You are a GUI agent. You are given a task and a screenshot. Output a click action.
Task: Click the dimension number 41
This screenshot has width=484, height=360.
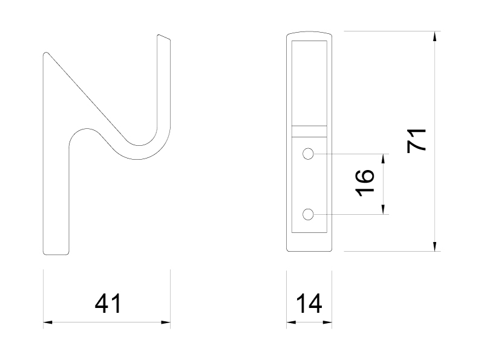(108, 304)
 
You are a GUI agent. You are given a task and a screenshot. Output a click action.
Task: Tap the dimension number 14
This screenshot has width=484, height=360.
(309, 304)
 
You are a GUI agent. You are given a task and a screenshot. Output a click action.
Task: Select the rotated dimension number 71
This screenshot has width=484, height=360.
(416, 141)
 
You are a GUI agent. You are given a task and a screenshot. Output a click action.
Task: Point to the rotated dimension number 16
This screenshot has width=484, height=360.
(365, 183)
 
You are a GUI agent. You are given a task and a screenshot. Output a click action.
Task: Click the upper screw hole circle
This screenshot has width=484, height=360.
(308, 154)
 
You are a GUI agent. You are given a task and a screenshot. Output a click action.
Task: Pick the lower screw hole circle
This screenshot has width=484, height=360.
(308, 214)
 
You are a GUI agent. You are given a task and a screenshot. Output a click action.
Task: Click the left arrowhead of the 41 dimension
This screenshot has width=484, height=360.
(48, 322)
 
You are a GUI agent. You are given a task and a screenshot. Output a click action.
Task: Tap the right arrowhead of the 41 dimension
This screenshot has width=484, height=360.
(166, 322)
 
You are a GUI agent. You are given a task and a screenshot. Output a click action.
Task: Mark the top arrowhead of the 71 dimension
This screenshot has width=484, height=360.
(435, 36)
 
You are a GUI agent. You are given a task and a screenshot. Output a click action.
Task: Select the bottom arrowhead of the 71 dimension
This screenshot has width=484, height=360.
(435, 246)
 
